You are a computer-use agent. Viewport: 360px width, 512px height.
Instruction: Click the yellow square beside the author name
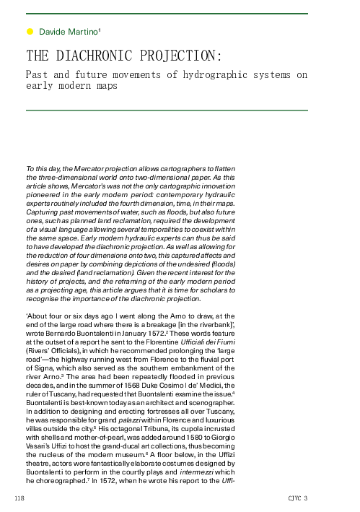(x=30, y=32)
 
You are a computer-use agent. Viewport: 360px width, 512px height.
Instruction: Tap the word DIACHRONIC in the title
(x=107, y=56)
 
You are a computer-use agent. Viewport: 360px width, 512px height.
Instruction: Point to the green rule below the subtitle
(x=167, y=110)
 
